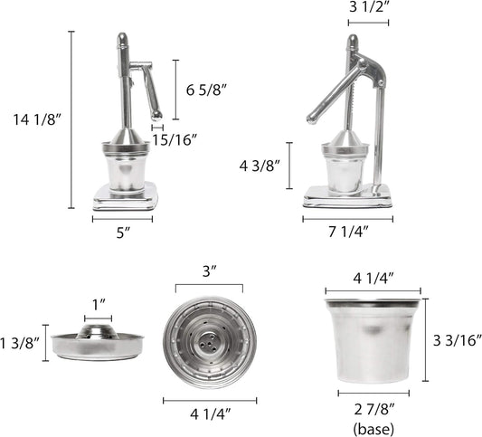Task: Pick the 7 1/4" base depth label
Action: coord(347,233)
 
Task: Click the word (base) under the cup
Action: coord(373,426)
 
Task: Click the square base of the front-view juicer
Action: coord(124,195)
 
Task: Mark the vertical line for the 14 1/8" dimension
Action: coord(71,119)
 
